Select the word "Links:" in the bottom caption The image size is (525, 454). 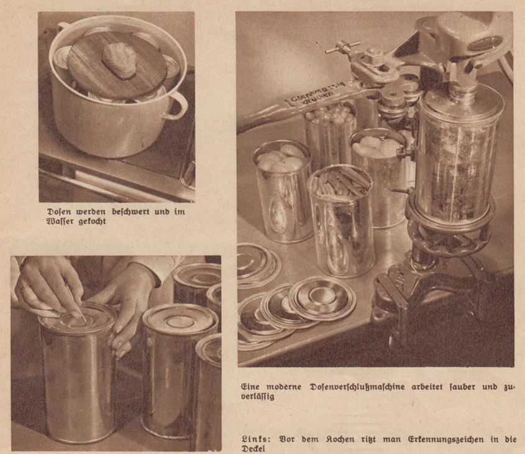[x=255, y=440]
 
